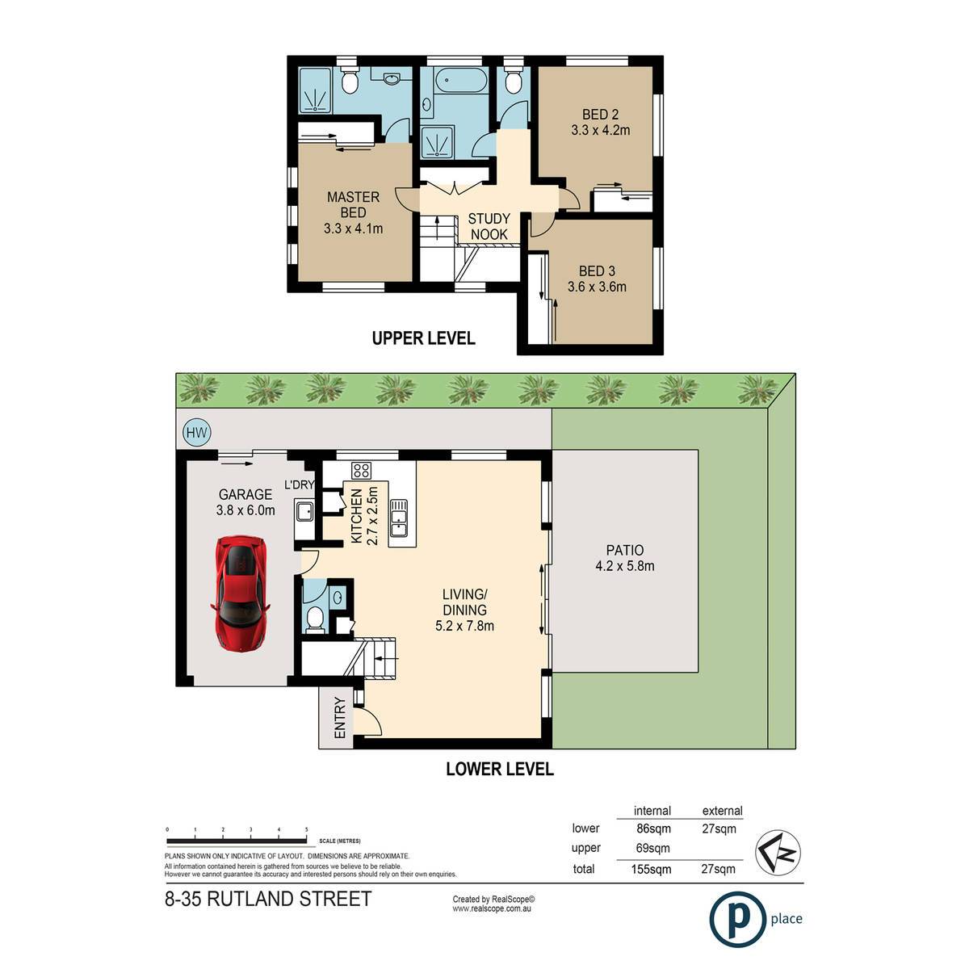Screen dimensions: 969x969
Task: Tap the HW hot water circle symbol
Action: point(196,433)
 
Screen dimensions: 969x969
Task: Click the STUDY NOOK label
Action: point(489,226)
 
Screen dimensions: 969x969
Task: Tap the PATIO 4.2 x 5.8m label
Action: point(625,558)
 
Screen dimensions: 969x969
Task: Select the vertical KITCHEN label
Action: point(356,516)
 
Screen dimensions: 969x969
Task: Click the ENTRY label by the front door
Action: point(340,718)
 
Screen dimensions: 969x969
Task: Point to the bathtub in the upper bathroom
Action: point(460,81)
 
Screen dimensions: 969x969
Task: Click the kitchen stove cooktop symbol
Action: point(362,470)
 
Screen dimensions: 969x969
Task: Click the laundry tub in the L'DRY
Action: point(304,511)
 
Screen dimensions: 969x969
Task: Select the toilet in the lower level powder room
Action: point(315,619)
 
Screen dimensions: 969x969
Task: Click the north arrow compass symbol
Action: point(778,853)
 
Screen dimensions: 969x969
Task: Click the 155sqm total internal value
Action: point(651,870)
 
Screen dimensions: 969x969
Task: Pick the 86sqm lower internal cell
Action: point(653,828)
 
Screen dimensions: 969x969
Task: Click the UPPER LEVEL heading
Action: point(423,338)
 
